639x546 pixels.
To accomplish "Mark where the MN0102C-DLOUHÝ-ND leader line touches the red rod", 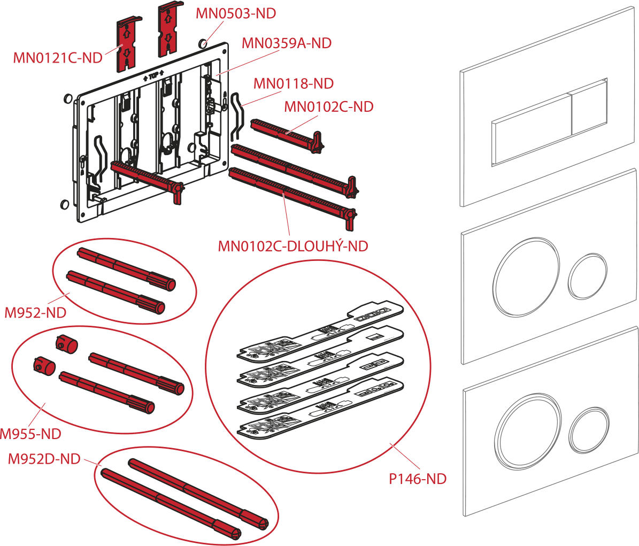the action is [x=283, y=194].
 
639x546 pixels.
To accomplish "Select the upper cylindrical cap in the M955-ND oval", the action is [x=66, y=344].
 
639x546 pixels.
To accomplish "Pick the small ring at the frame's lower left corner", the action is [x=64, y=204].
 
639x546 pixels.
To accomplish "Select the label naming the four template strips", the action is [x=418, y=479].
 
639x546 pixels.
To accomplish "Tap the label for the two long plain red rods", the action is [x=44, y=459].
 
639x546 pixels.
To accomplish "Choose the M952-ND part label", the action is [x=35, y=312].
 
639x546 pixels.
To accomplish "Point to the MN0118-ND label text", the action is [x=294, y=83].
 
